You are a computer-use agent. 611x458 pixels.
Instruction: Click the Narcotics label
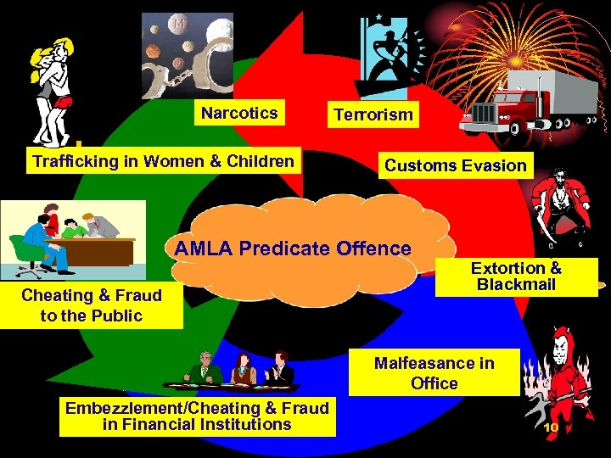click(239, 113)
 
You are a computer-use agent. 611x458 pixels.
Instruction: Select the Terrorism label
click(373, 114)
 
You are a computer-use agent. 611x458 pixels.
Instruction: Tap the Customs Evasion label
click(456, 165)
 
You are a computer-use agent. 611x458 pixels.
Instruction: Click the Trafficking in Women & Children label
click(163, 161)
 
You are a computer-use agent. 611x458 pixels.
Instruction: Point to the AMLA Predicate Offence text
click(292, 249)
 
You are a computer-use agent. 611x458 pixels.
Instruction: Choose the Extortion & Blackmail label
click(516, 276)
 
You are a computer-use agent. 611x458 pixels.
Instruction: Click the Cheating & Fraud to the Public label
click(92, 306)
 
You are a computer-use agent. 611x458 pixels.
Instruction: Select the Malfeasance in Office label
click(434, 373)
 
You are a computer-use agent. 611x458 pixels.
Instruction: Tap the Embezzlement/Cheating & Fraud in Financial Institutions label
click(197, 416)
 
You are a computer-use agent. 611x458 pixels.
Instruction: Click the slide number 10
click(551, 427)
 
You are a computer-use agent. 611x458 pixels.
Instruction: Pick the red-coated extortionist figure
click(556, 204)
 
